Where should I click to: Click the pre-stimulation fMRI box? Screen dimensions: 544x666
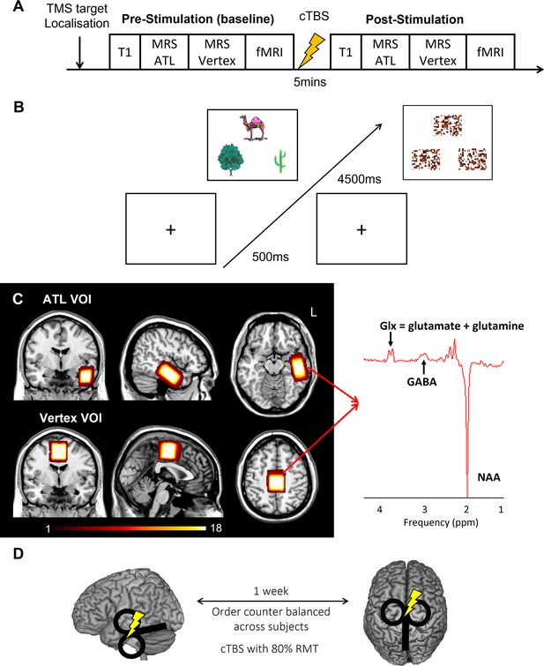[270, 52]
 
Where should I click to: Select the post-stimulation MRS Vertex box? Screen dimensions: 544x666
[438, 52]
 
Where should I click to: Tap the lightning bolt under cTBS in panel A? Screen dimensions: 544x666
[311, 51]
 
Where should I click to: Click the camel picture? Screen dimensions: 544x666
[254, 127]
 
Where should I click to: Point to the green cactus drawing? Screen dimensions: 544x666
[279, 161]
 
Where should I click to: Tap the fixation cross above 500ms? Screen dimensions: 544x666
[170, 229]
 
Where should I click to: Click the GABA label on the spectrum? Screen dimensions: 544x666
[421, 382]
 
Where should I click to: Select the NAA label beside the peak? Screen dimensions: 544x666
[488, 477]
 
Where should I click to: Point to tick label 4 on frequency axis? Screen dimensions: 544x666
[380, 509]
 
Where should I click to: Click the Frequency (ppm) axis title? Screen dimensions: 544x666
[441, 522]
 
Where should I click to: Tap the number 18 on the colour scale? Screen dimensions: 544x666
[216, 528]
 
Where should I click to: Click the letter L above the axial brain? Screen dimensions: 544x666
[314, 313]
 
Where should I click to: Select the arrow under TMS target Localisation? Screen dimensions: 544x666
[79, 51]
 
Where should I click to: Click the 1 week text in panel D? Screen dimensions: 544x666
[271, 591]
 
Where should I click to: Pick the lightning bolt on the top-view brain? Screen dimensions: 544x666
[413, 602]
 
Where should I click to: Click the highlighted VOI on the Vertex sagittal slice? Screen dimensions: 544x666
[168, 450]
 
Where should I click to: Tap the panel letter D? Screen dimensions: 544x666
[19, 555]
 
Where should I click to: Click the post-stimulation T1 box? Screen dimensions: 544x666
[346, 52]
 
